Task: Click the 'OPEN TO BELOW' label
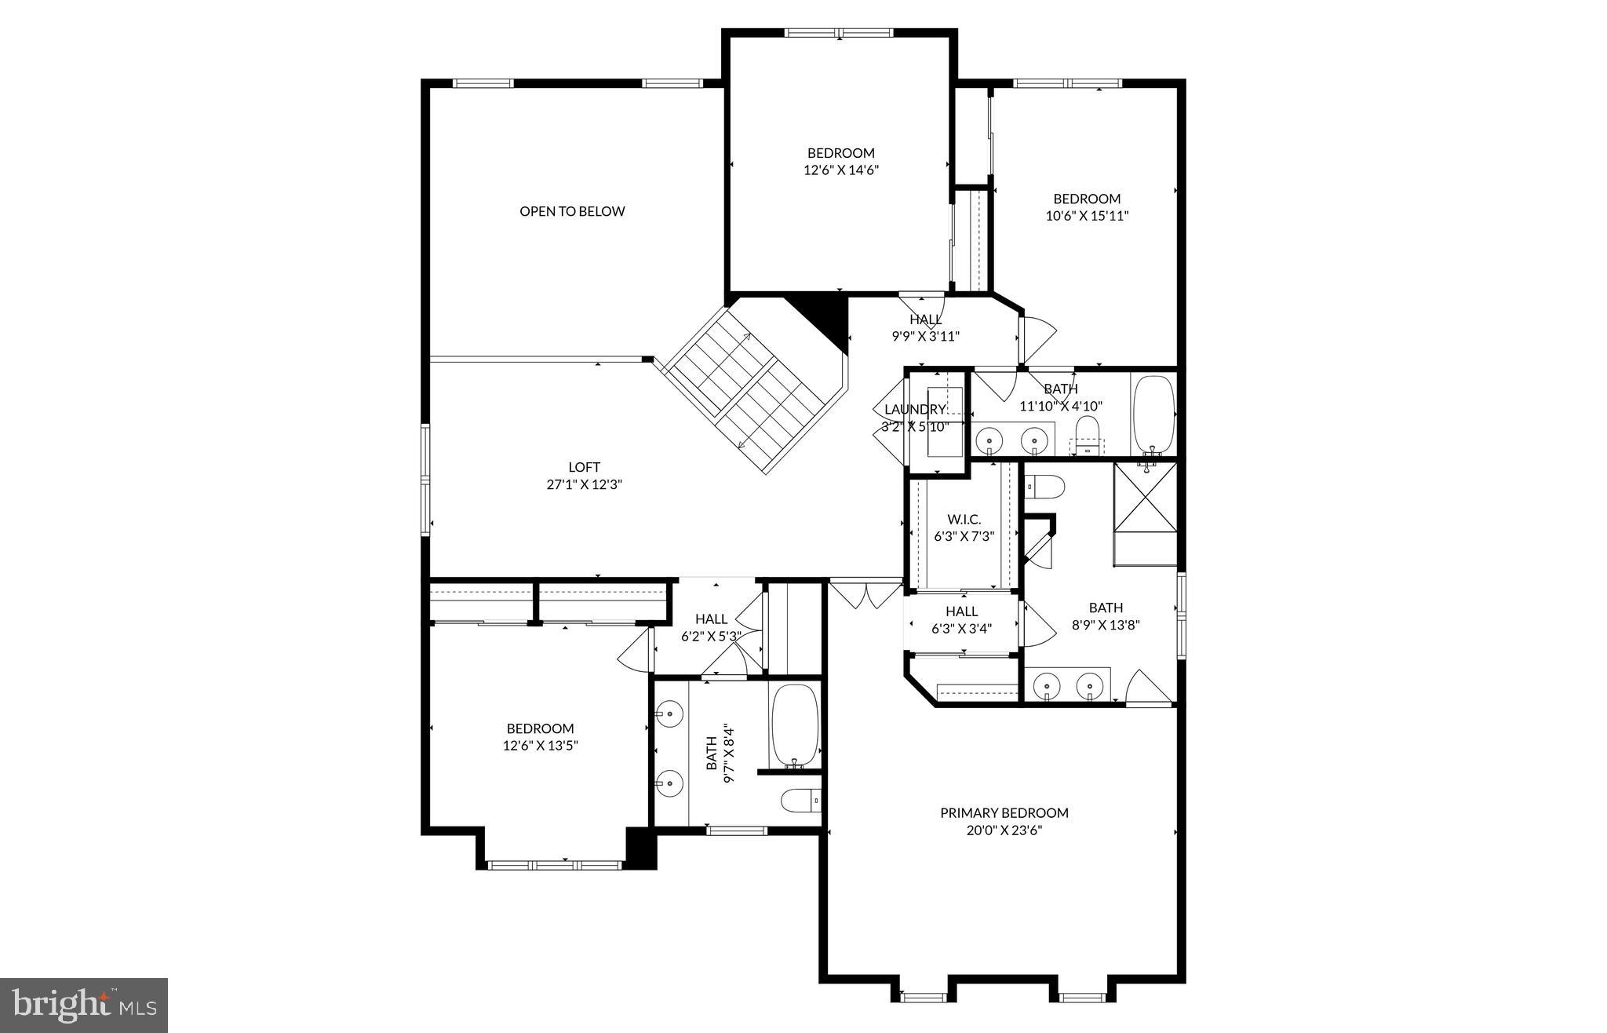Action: (572, 211)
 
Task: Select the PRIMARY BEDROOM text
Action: (1004, 813)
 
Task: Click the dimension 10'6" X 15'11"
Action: (1087, 216)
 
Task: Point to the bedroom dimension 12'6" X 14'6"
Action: (840, 170)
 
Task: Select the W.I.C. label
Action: (964, 520)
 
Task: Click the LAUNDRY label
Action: (914, 410)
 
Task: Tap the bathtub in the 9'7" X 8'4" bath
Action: (794, 724)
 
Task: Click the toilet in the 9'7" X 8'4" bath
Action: (800, 801)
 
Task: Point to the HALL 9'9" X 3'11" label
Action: (925, 327)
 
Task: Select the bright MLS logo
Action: (84, 1005)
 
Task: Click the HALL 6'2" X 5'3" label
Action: (711, 627)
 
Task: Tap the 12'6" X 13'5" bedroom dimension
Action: (540, 746)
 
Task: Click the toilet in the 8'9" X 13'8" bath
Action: (1044, 487)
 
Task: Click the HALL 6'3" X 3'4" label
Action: (961, 619)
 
